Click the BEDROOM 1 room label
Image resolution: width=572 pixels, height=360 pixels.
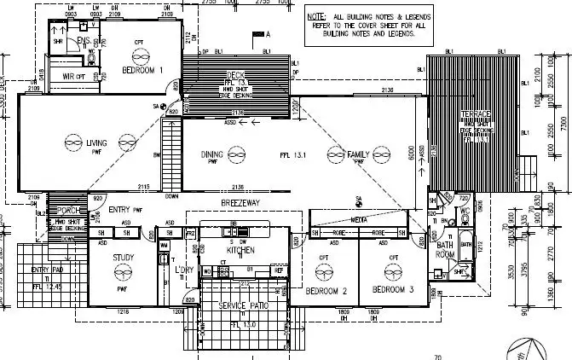click(x=142, y=70)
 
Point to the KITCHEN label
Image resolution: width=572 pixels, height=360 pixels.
click(x=241, y=251)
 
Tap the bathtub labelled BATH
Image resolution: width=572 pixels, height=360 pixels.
click(x=465, y=245)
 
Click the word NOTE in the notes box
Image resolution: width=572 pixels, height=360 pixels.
click(x=317, y=16)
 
